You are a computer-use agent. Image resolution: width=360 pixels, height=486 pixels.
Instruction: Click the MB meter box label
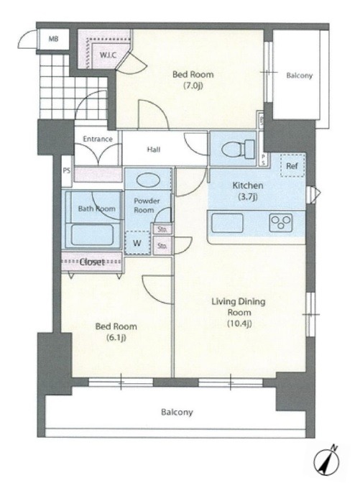[53, 39]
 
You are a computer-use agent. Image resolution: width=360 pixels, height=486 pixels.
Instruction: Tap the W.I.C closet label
[108, 55]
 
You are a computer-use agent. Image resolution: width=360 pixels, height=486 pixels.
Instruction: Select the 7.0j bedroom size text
[193, 86]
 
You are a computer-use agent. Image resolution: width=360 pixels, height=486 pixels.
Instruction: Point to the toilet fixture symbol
[238, 149]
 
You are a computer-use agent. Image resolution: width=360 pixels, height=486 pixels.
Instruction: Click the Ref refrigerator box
[292, 166]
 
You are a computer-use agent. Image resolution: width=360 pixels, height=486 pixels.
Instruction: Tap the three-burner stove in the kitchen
[281, 222]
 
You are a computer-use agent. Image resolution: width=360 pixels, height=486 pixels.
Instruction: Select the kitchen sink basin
[227, 223]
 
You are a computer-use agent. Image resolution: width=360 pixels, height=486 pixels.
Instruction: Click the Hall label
[154, 150]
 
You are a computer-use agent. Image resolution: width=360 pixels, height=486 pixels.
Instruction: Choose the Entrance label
[98, 139]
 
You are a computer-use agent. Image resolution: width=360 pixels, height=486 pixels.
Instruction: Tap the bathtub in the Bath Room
[92, 235]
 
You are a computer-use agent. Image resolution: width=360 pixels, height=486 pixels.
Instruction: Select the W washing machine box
[137, 243]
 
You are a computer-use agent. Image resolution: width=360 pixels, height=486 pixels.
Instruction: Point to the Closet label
[92, 262]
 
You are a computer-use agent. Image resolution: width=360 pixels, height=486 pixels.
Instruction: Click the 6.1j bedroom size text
[116, 338]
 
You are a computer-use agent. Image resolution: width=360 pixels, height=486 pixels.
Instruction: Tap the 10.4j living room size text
[239, 324]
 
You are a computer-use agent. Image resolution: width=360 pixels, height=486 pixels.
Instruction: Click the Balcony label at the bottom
[177, 412]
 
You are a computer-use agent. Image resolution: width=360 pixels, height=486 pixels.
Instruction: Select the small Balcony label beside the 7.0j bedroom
[299, 75]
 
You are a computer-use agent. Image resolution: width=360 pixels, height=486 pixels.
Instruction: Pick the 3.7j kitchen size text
[248, 196]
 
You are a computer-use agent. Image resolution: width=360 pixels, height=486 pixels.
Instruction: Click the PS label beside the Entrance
[67, 171]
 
